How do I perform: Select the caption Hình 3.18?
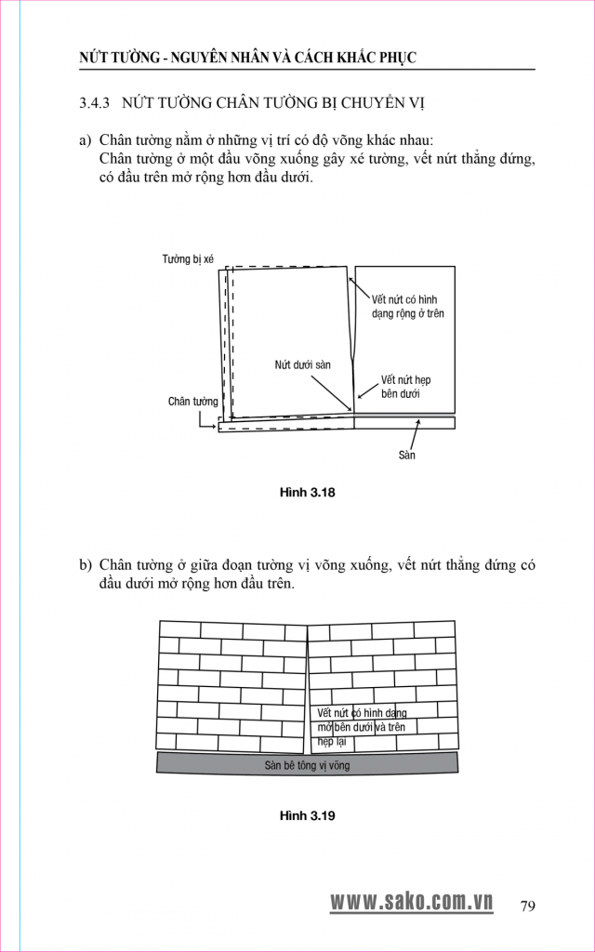tap(307, 493)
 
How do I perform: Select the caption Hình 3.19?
tap(307, 815)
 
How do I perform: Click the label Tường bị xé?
tap(188, 259)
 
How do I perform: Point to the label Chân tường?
tap(193, 402)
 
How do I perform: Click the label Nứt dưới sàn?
tap(302, 366)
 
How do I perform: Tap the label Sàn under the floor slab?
tap(407, 455)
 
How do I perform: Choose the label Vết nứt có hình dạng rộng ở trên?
tap(404, 307)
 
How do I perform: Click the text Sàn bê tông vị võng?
tap(307, 765)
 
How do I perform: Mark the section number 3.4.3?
tap(94, 102)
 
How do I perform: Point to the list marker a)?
tap(85, 140)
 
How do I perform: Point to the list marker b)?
tap(85, 566)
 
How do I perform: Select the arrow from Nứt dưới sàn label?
tap(331, 393)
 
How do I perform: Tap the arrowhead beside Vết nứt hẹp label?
tap(360, 397)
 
